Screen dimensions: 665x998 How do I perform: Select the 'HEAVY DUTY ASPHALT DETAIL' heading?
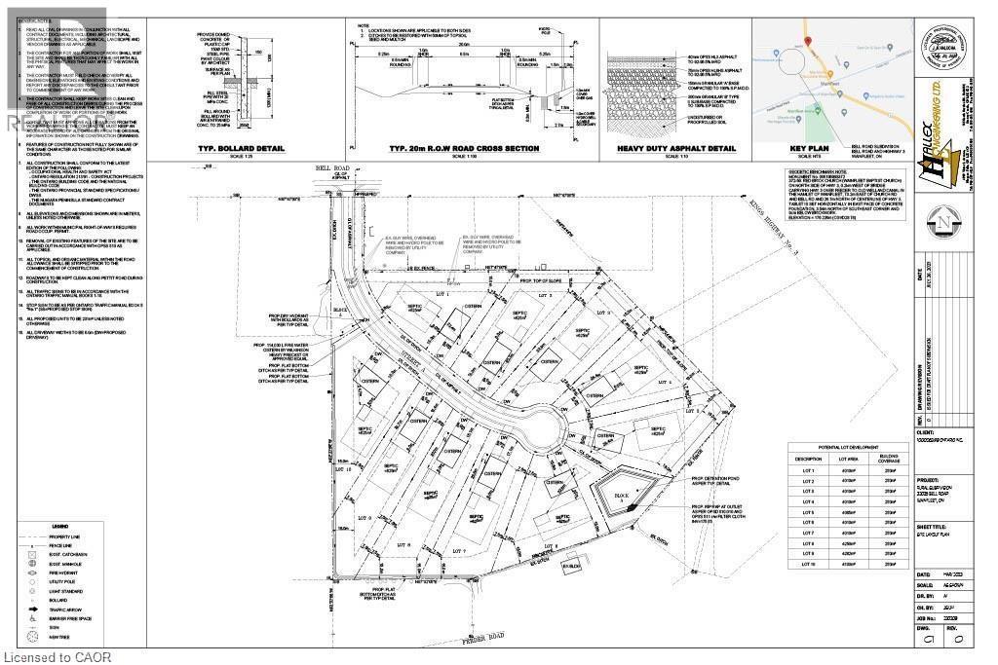(670, 148)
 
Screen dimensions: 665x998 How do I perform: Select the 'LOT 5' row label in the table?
(807, 511)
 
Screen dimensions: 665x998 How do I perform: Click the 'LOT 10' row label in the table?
(807, 564)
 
